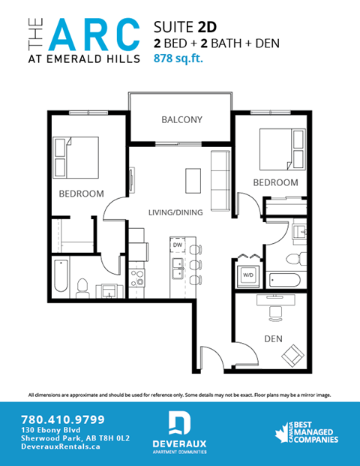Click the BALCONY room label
click(x=182, y=119)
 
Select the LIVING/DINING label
click(x=175, y=212)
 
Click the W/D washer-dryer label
click(x=247, y=275)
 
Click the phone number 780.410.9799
click(x=64, y=419)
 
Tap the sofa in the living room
click(x=220, y=180)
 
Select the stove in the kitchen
click(x=137, y=278)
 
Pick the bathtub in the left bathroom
click(x=61, y=277)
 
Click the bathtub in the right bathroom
click(x=284, y=281)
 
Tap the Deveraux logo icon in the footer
click(x=178, y=424)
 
